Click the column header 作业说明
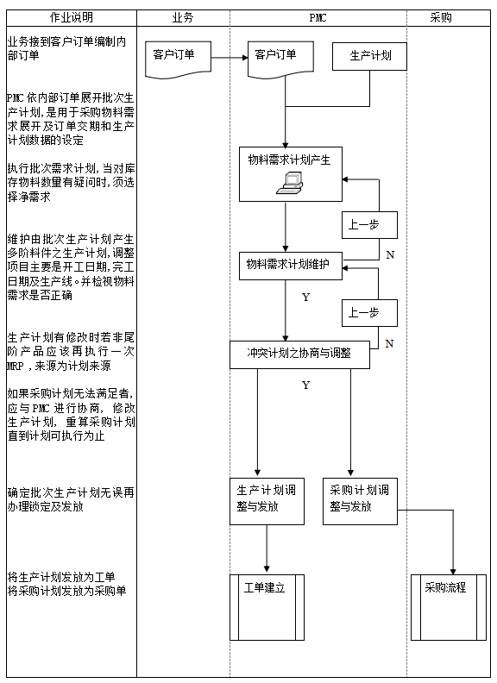(x=71, y=17)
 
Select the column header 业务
(x=183, y=17)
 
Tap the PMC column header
(x=318, y=17)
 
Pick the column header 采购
(x=440, y=17)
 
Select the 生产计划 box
(x=370, y=56)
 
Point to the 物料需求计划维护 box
(x=290, y=265)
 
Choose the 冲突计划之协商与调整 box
(x=299, y=354)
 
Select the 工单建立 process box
(x=267, y=606)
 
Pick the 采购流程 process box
(x=448, y=606)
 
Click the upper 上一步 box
(x=369, y=225)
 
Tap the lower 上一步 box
(x=369, y=313)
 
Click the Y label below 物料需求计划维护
(x=305, y=298)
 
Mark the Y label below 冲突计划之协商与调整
(x=305, y=385)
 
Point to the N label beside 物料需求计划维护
(x=390, y=255)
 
